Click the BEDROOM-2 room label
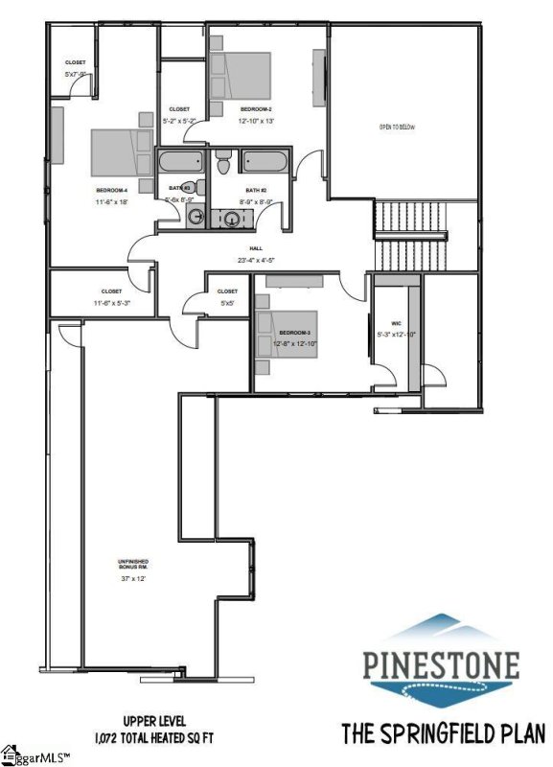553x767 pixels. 256,109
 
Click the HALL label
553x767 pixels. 256,248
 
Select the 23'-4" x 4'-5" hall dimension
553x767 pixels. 256,260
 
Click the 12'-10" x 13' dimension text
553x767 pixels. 257,122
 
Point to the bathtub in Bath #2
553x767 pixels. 264,161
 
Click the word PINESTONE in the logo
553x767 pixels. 441,663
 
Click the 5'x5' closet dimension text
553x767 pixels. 227,303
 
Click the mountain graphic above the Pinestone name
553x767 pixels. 442,628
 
